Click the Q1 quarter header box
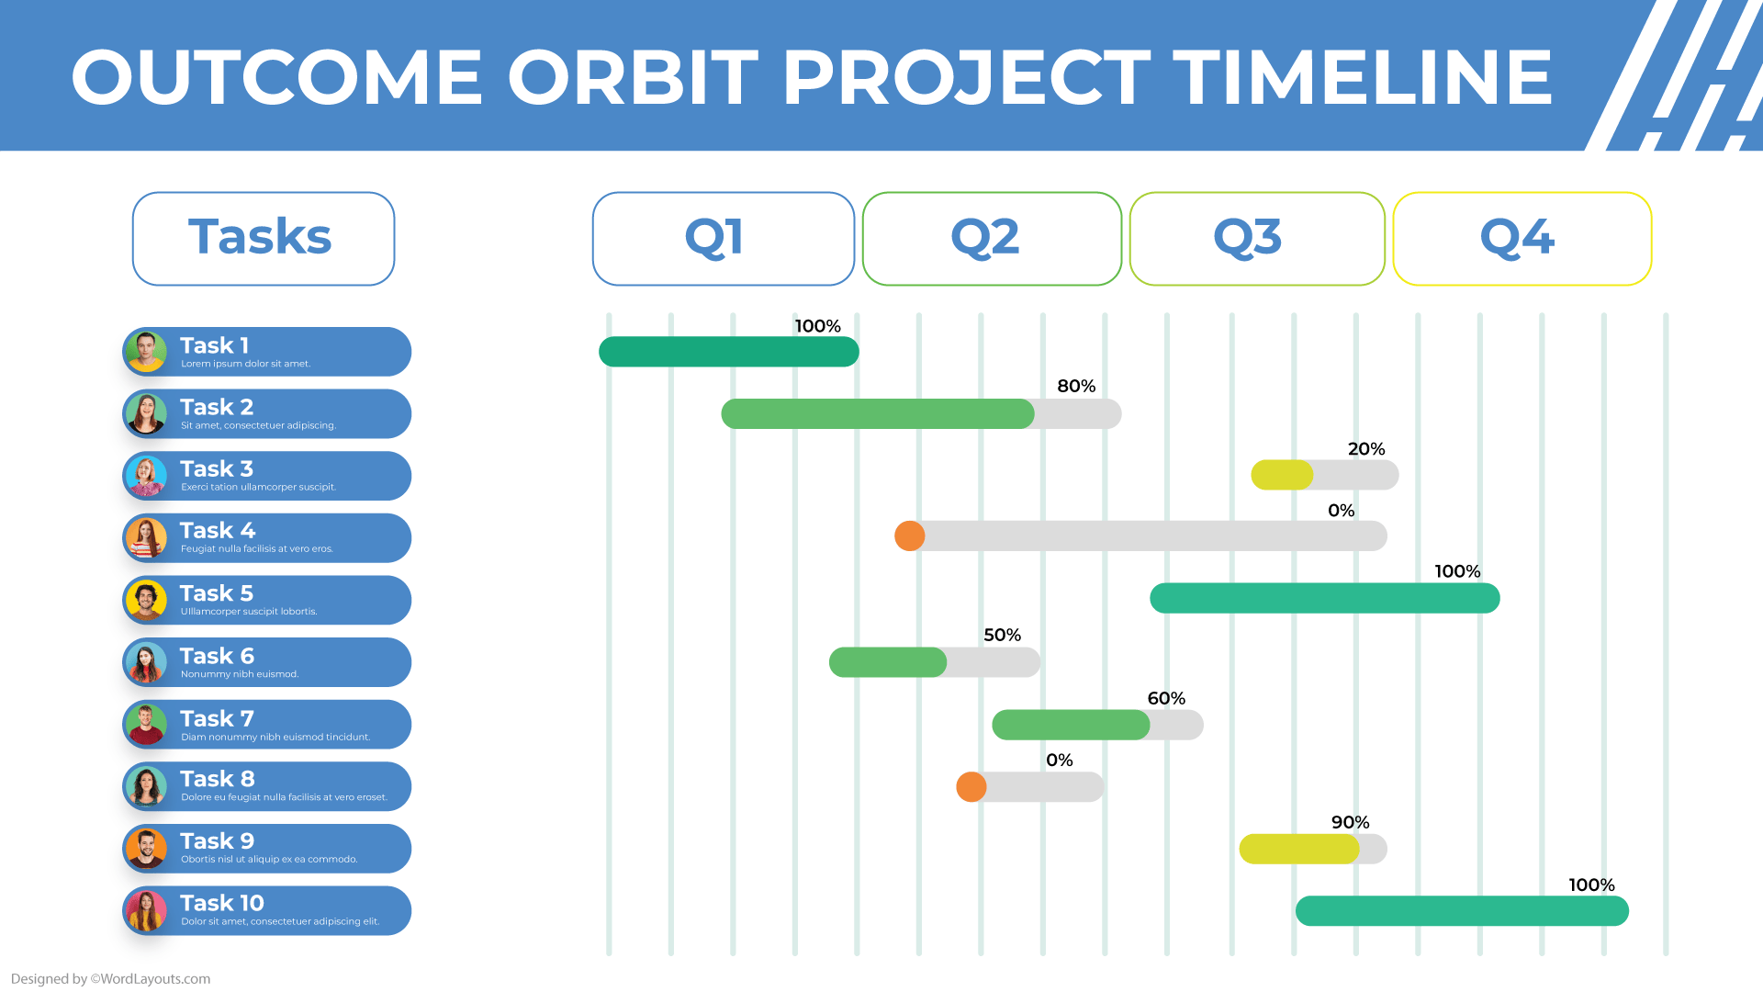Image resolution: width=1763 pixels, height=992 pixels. point(723,239)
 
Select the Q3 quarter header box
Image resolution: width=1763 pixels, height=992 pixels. point(1256,239)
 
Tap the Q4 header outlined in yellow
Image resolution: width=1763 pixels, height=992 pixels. point(1522,239)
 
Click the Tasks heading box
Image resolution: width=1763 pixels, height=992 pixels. point(264,239)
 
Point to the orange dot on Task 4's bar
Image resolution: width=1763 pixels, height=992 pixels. point(909,535)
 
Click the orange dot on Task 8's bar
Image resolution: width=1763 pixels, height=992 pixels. point(971,786)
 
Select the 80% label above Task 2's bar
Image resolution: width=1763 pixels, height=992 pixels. point(1076,386)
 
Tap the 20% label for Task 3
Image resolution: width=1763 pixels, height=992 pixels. point(1365,449)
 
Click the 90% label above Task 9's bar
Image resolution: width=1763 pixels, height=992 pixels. point(1350,822)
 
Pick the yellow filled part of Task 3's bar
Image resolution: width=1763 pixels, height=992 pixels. point(1282,475)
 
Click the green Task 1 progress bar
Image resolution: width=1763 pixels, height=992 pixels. point(728,352)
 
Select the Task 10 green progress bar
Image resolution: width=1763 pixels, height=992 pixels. point(1462,911)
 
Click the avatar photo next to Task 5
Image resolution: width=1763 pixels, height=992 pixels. point(146,601)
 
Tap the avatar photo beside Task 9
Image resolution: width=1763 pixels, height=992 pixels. point(146,849)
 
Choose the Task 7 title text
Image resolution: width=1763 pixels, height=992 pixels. point(217,718)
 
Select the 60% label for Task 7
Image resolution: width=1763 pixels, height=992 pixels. point(1166,698)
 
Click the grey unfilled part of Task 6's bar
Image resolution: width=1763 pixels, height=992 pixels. point(993,662)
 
